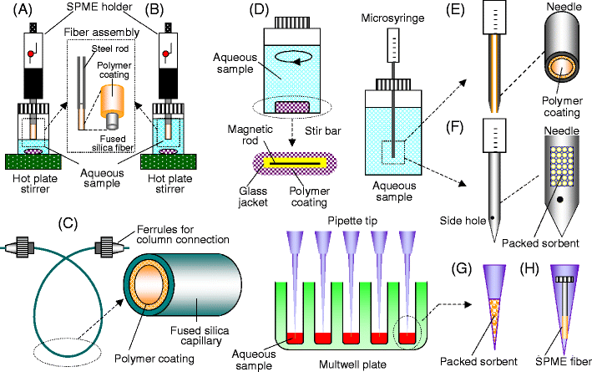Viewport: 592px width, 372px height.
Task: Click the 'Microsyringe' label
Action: pos(391,17)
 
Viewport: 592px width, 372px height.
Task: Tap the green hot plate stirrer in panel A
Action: pos(33,161)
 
